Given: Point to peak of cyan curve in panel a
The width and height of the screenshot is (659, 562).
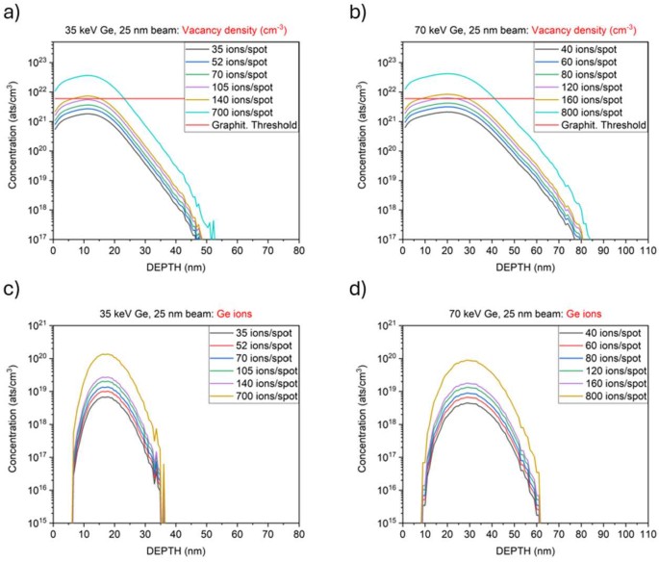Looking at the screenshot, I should (x=89, y=75).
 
